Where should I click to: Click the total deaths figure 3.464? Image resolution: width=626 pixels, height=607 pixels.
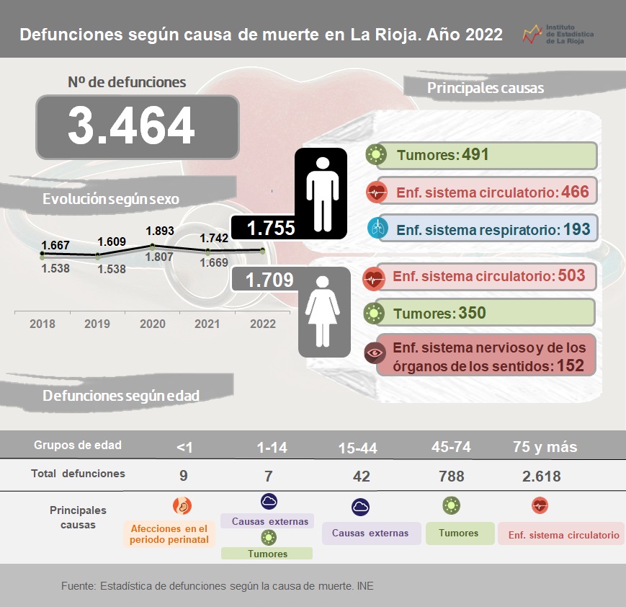(131, 125)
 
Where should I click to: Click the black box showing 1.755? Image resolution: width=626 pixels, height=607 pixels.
(271, 228)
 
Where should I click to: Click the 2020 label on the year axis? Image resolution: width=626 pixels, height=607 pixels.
(152, 324)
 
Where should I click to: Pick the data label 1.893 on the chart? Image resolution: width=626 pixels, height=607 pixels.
(160, 231)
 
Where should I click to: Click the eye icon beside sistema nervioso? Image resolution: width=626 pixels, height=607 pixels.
(375, 353)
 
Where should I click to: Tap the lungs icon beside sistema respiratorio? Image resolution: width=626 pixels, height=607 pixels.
(377, 229)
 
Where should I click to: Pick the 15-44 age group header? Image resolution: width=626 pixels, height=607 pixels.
(357, 448)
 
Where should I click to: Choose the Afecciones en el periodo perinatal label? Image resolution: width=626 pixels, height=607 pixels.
(170, 533)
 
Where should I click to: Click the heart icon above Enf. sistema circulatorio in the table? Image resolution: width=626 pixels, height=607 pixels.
(540, 505)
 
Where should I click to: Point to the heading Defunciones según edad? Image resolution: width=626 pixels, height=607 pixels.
(121, 396)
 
